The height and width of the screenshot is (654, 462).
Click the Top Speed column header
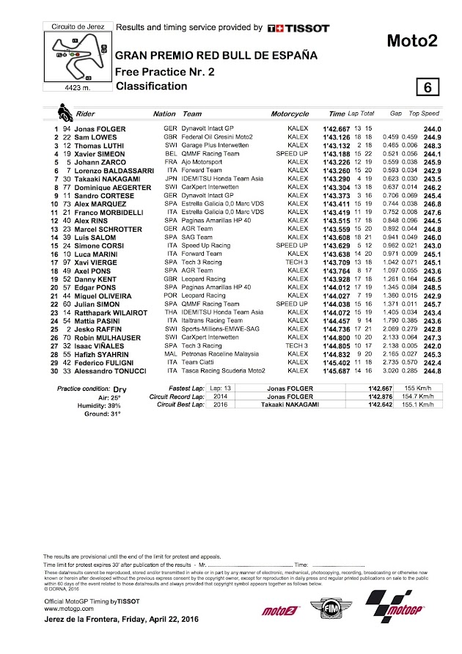[x=424, y=115]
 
